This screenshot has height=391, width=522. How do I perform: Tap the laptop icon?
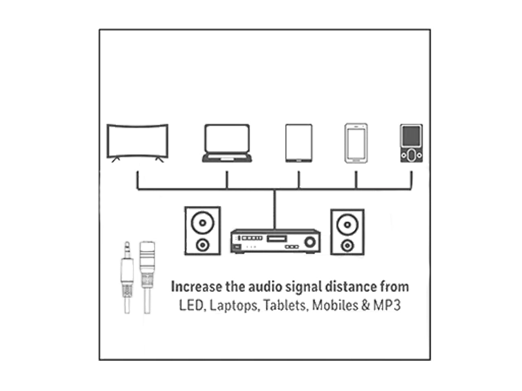tap(227, 143)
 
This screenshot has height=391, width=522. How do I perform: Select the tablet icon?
tap(299, 143)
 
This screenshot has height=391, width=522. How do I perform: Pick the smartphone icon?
tap(356, 143)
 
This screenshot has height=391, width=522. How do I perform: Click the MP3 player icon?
tap(411, 143)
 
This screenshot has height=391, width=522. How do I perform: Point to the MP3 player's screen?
tap(411, 137)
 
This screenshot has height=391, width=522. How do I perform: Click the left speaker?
tap(203, 231)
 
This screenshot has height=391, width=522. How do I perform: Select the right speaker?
tap(347, 232)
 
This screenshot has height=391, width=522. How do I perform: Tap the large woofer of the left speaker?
tap(203, 223)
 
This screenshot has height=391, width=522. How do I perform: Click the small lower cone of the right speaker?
tap(347, 245)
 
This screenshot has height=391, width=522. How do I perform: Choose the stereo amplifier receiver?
tap(275, 241)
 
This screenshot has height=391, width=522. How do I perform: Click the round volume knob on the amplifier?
tap(310, 242)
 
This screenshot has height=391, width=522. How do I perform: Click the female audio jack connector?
tap(147, 277)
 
